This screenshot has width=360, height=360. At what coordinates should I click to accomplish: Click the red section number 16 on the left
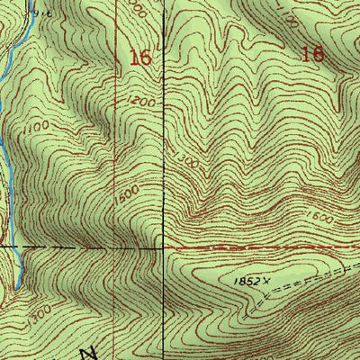point(139,58)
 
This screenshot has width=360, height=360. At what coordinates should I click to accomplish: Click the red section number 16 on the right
point(312,54)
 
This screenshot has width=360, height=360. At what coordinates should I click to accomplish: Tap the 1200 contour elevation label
point(144,103)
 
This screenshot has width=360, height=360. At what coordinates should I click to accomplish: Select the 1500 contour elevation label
point(128,192)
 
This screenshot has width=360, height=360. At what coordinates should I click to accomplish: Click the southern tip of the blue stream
point(16,286)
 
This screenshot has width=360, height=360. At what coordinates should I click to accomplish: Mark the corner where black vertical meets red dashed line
point(163,244)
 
